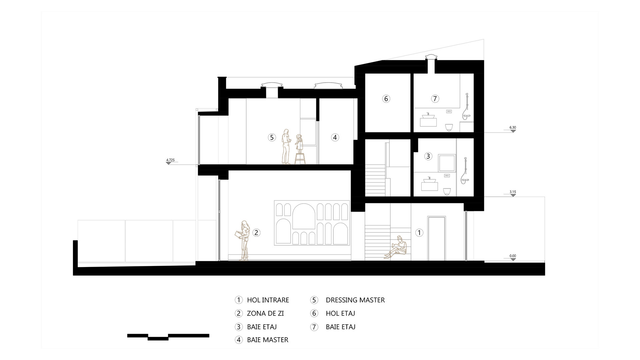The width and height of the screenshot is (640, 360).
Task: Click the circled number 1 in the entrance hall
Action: (419, 233)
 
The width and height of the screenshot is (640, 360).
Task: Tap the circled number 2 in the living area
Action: (256, 233)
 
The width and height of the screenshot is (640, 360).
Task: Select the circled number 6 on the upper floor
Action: (386, 99)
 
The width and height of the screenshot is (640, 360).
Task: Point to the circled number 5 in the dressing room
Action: (272, 137)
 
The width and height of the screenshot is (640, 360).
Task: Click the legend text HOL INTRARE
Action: (268, 300)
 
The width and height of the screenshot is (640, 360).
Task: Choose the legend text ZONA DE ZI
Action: (265, 313)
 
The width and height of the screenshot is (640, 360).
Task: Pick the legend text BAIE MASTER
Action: (268, 340)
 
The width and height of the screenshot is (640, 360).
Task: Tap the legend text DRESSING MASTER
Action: (355, 300)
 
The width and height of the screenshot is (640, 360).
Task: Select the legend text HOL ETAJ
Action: (340, 313)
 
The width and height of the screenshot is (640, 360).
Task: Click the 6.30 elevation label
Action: (513, 127)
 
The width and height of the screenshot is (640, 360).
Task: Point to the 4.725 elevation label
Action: (170, 160)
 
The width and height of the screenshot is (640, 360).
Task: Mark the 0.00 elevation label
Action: (513, 256)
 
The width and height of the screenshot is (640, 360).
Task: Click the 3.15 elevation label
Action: (513, 192)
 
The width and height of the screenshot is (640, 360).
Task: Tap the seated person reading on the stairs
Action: (397, 247)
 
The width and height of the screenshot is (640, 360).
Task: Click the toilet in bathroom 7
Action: (449, 127)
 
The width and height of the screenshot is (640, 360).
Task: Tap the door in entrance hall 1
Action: (437, 238)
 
